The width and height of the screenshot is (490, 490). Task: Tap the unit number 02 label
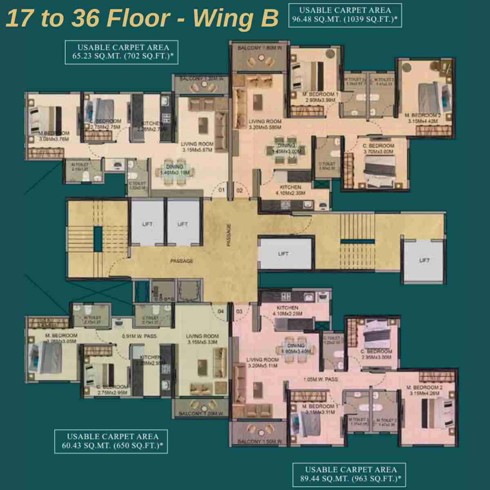tap(240, 190)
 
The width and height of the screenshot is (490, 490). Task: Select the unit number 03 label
tap(239, 312)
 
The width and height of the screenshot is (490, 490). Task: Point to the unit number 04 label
tap(221, 312)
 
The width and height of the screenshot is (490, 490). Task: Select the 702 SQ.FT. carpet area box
tap(123, 52)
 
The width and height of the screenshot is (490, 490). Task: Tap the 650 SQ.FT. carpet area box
tap(112, 441)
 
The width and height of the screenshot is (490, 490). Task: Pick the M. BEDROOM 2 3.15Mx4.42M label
tap(423, 118)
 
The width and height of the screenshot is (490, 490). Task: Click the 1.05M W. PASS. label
tap(321, 379)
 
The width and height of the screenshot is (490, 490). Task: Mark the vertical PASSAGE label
tap(229, 235)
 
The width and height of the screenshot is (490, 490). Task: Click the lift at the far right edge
tap(424, 260)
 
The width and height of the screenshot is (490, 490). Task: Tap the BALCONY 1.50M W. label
tap(261, 442)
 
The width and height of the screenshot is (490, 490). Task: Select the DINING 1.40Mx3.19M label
tap(174, 169)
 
